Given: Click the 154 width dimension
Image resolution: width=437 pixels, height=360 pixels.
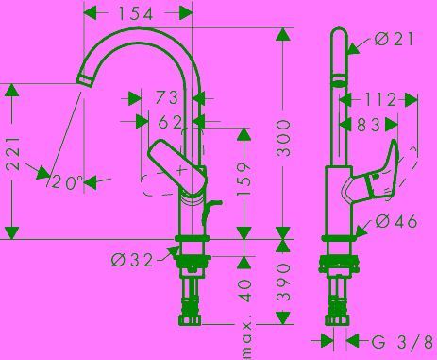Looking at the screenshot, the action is point(136,13).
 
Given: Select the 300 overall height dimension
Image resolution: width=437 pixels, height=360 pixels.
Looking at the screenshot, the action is point(283,137).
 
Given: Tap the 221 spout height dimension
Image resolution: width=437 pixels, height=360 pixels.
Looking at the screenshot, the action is point(13,153).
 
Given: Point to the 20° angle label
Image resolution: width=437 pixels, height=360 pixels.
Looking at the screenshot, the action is point(67,181).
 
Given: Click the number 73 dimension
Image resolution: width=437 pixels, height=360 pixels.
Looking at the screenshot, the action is point(167,97).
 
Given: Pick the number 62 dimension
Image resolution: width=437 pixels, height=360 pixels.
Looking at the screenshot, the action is point(170,122).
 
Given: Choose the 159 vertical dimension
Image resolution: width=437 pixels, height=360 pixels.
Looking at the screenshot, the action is point(244,179).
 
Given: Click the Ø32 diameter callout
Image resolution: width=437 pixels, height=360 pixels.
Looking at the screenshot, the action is point(132,260).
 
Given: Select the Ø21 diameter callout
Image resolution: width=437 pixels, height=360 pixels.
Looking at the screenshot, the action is point(394,39).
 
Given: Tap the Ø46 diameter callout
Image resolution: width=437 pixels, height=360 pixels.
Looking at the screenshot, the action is point(396,221).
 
